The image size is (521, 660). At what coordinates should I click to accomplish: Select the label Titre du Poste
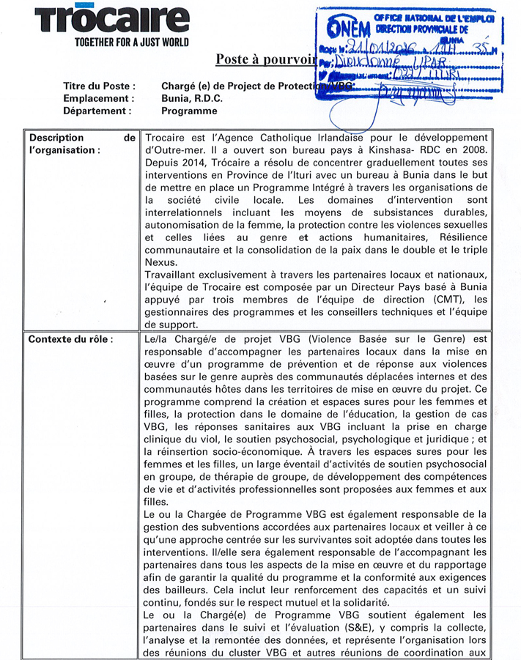click(99, 86)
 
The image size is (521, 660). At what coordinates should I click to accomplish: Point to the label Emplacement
click(98, 98)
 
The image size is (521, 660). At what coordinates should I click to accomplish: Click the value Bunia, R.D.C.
click(192, 98)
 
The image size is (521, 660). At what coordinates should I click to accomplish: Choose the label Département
click(97, 111)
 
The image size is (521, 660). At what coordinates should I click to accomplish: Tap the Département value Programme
click(189, 111)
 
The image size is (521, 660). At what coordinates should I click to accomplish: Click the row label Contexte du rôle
click(70, 339)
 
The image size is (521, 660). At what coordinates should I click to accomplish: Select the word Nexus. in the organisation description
click(161, 262)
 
